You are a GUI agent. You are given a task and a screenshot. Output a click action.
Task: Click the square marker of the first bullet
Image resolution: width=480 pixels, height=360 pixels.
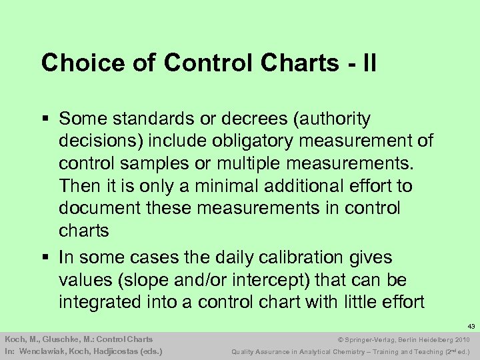click(45, 119)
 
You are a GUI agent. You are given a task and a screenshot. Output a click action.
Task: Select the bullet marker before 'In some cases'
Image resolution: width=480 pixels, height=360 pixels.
click(45, 258)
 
